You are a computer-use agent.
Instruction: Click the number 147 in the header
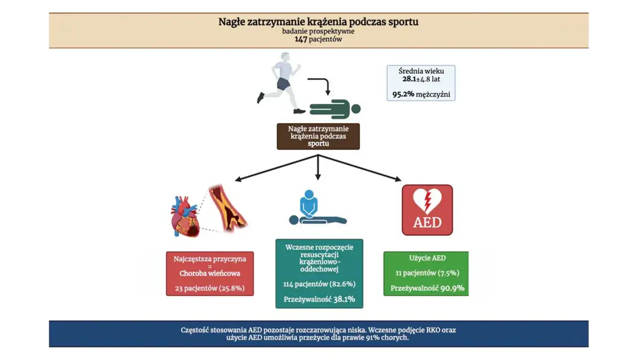tap(301, 39)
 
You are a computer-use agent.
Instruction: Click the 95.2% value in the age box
tap(403, 94)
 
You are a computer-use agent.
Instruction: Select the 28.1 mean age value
tap(410, 79)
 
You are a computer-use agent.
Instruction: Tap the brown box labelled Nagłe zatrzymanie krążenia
tap(318, 137)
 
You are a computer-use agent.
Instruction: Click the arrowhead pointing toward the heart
tap(238, 179)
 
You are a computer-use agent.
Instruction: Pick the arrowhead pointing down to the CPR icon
tap(318, 177)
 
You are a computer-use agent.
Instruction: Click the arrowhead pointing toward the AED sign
tap(398, 179)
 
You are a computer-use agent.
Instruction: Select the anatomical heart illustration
tap(185, 216)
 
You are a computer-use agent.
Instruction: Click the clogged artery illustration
tap(228, 208)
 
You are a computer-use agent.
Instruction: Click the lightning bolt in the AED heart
tap(427, 202)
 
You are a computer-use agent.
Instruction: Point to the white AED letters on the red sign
tap(427, 223)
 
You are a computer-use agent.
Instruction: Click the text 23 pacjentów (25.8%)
tap(210, 288)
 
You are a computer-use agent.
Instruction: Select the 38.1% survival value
tap(344, 299)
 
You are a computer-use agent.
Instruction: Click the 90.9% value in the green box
tap(452, 289)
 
